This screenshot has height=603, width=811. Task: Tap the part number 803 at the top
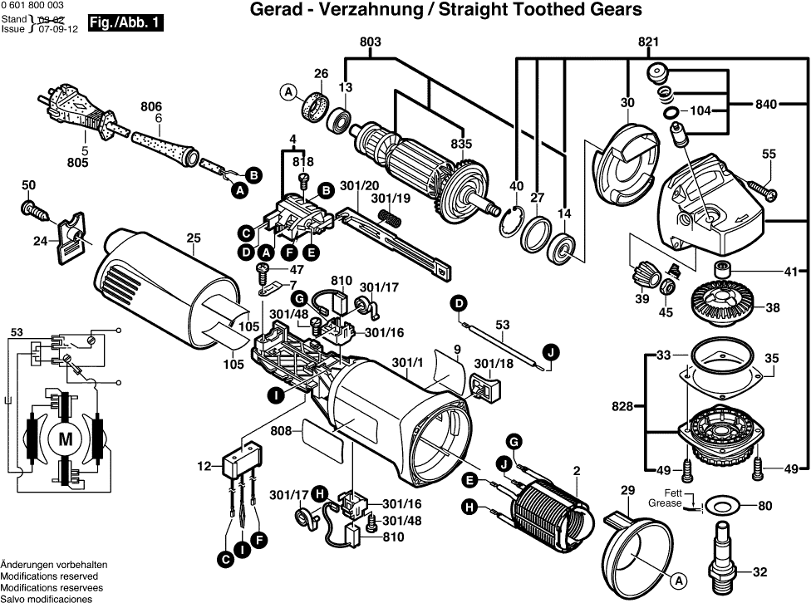[371, 42]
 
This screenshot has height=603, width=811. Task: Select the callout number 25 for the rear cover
[194, 238]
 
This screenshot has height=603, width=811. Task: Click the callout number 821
[649, 42]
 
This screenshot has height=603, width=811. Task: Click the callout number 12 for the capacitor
[204, 468]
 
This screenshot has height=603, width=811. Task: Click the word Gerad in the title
[273, 10]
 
